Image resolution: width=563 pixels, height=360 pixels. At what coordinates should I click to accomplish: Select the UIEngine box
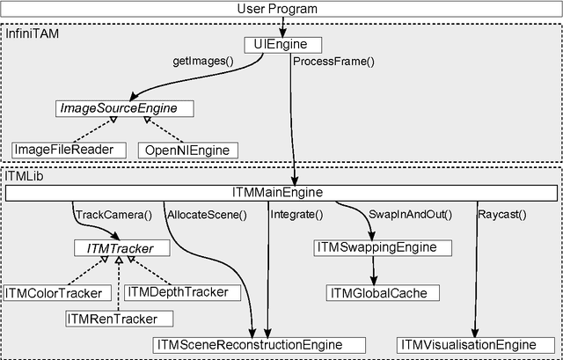coord(281,43)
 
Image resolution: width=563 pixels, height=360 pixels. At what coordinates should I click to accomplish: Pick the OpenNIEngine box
coord(186,150)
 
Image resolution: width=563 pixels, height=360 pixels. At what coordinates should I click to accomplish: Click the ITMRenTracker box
coord(118,318)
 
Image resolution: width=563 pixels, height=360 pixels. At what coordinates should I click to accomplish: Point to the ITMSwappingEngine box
coord(382,248)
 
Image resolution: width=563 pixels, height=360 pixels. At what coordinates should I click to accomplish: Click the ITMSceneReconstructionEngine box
coord(259,344)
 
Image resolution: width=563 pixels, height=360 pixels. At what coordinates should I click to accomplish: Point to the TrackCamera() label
coord(113,214)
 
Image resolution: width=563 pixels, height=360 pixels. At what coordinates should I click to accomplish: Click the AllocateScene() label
coord(208,214)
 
